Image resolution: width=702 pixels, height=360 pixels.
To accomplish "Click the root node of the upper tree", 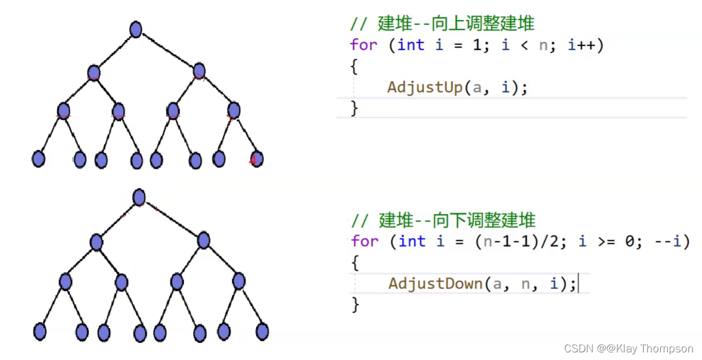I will pos(136,29).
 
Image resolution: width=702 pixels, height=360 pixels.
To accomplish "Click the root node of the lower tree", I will pos(139,197).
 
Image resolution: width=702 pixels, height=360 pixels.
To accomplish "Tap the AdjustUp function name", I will pos(425,88).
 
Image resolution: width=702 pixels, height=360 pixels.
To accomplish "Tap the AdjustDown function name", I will pos(436,284).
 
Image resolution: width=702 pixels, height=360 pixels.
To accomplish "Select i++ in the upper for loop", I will pos(586,45).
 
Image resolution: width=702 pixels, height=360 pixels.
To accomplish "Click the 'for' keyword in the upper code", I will pos(364,45).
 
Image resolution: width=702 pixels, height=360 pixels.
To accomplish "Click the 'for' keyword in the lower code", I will pos(365,241).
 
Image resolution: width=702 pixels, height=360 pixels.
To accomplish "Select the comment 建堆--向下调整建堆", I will pos(443,221).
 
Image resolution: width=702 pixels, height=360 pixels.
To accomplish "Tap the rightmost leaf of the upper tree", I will pos(256,159).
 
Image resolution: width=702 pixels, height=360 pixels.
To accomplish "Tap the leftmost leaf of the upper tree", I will pos(39,159).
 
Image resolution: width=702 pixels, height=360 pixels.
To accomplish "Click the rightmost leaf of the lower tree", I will pos(262,331).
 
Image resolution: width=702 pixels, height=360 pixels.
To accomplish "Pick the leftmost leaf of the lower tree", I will pos(40,332).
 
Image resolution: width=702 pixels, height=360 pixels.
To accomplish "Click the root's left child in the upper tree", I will pos(93,72).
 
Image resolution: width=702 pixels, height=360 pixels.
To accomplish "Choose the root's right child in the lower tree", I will pos(203,240).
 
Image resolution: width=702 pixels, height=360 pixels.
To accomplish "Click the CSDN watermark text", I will pos(629,349).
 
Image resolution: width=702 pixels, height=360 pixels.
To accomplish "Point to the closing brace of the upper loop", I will pos(354,108).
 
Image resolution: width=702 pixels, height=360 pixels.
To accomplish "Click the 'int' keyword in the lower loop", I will pos(411,241).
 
